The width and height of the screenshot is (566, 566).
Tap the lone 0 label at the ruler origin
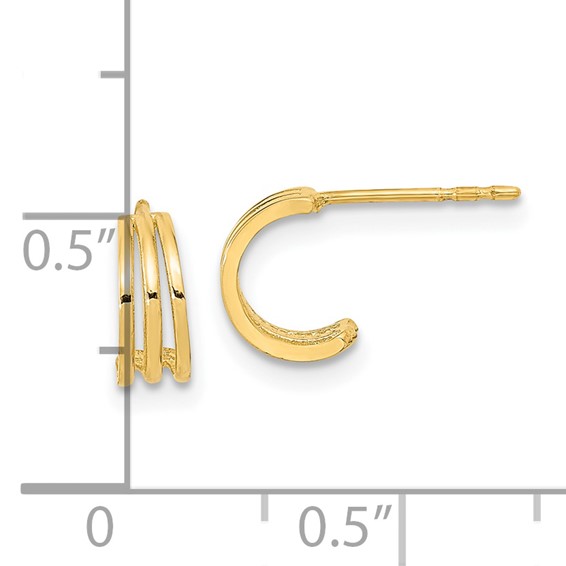point(98,526)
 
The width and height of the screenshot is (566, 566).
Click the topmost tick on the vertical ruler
point(115,74)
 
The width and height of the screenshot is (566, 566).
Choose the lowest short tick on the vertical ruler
point(115,351)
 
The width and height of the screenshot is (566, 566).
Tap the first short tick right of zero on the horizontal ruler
point(265,505)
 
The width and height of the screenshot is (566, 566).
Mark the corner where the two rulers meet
point(128,489)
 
